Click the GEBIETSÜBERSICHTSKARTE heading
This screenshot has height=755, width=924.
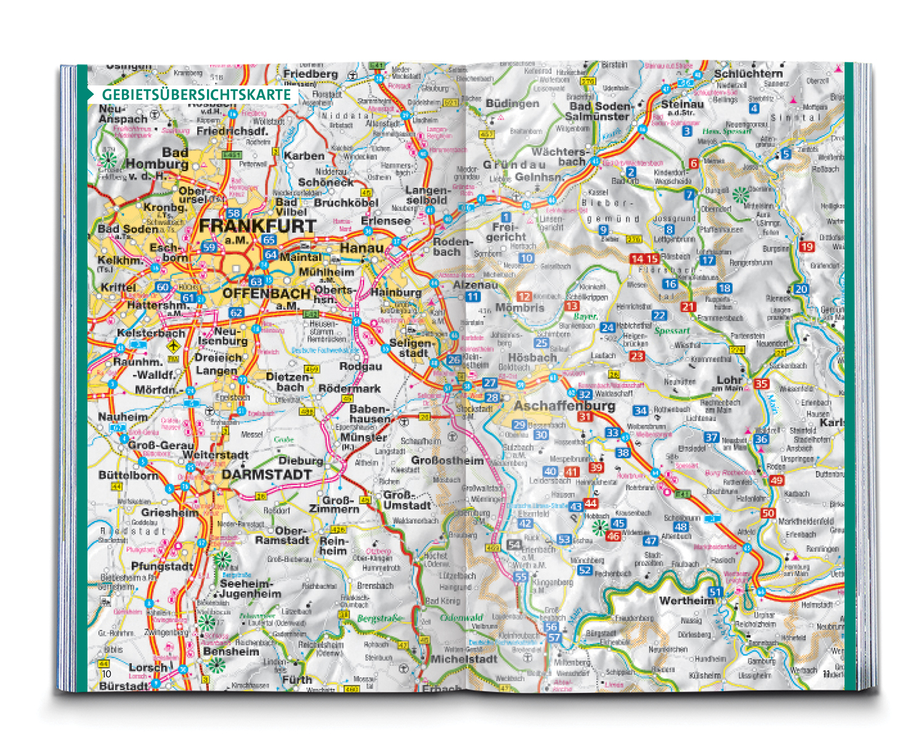196,95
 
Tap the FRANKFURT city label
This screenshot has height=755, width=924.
257,226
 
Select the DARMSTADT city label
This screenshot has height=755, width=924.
267,475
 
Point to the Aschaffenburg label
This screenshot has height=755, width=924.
564,406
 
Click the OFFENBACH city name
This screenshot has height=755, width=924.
266,293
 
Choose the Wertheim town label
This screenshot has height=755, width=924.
686,600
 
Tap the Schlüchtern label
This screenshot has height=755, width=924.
748,74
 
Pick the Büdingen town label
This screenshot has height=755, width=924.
512,103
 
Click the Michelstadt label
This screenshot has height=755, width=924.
464,659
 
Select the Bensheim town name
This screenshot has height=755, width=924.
231,652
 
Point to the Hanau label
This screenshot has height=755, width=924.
362,248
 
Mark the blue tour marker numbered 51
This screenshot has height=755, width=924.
715,592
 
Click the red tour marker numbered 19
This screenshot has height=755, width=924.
806,246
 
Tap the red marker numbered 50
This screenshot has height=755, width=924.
768,513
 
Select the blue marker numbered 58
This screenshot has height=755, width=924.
233,214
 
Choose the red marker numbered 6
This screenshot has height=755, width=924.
694,163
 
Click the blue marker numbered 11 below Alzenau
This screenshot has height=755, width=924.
472,297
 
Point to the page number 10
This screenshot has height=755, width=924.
107,674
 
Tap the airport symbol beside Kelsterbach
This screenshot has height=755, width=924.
174,346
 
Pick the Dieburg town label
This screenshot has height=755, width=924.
301,461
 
